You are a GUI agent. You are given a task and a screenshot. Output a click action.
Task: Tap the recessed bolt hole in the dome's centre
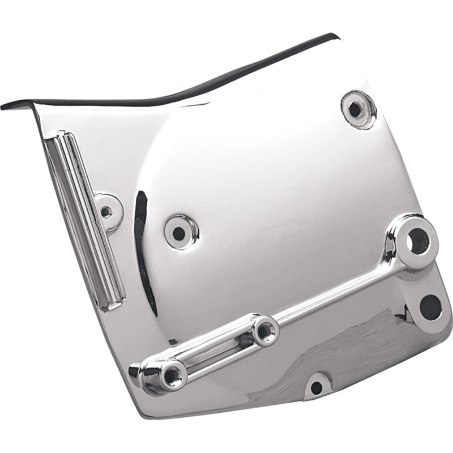(x=179, y=231)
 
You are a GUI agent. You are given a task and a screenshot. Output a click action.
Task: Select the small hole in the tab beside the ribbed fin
(x=105, y=212)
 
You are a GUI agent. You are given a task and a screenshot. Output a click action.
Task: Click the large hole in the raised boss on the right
(x=417, y=240)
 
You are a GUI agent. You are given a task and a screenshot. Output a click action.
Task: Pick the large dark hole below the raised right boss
(x=430, y=307)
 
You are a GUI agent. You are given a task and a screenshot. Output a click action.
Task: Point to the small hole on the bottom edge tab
(x=317, y=387)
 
